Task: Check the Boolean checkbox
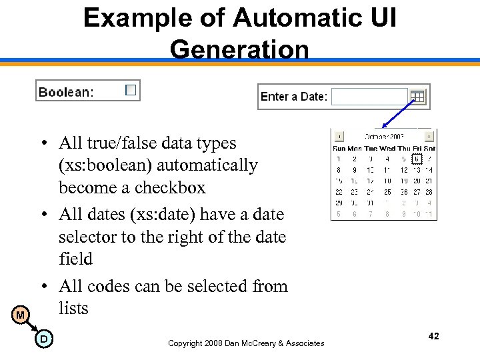click(131, 89)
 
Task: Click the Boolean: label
click(66, 92)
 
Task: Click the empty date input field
click(369, 97)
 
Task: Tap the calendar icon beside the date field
click(417, 97)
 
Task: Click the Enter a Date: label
click(294, 97)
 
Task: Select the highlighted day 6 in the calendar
click(417, 159)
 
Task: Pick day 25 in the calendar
click(387, 192)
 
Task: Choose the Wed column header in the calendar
click(387, 149)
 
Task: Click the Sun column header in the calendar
click(339, 149)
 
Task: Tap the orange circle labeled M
click(21, 315)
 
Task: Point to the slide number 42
click(433, 337)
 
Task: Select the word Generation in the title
click(239, 49)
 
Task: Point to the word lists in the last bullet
click(73, 307)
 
